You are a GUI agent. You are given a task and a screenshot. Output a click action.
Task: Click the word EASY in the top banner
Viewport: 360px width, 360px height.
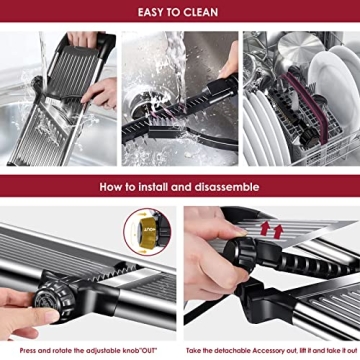[x=151, y=13]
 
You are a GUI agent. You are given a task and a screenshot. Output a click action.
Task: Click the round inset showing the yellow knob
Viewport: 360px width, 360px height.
[x=146, y=231]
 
